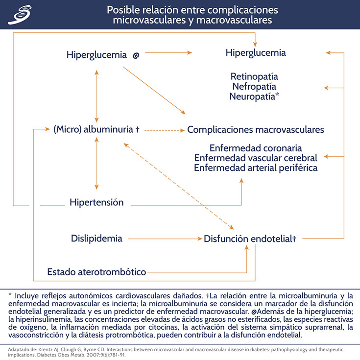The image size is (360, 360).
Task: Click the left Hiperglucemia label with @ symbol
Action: pyautogui.click(x=103, y=55)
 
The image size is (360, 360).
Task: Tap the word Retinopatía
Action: pyautogui.click(x=254, y=76)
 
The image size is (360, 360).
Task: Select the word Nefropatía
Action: pyautogui.click(x=254, y=86)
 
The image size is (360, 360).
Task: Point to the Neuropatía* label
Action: pyautogui.click(x=255, y=96)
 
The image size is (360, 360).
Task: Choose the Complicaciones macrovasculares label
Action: pyautogui.click(x=255, y=130)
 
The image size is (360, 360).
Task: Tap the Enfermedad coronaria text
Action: pyautogui.click(x=255, y=148)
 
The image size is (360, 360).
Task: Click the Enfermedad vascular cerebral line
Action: pyautogui.click(x=255, y=158)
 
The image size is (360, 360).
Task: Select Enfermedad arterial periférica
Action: pyautogui.click(x=255, y=168)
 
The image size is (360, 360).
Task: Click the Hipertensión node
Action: pyautogui.click(x=96, y=202)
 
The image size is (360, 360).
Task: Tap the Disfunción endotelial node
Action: pyautogui.click(x=250, y=239)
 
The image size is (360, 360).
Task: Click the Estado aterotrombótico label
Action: pyautogui.click(x=96, y=272)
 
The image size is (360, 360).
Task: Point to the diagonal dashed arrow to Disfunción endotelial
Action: pyautogui.click(x=179, y=186)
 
